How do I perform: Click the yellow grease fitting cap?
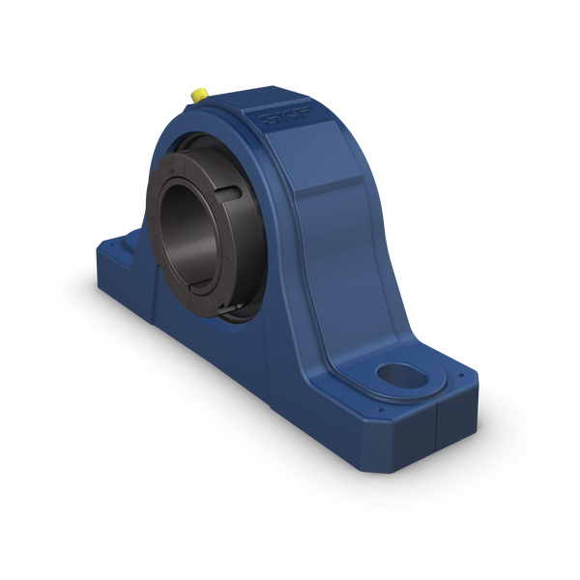coord(196,94)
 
